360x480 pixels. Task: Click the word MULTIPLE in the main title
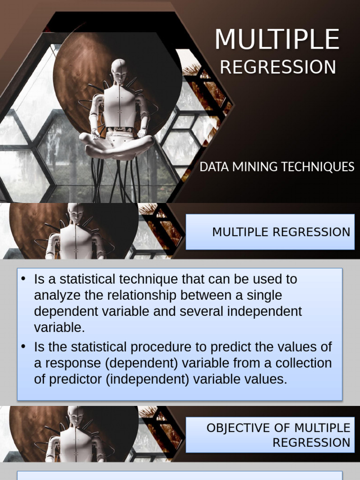(277, 39)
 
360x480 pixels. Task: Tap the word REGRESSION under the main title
(278, 67)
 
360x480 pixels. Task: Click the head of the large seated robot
(119, 70)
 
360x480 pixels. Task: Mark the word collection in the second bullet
(302, 363)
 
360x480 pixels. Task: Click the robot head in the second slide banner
(75, 213)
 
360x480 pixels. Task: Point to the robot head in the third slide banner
(75, 415)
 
